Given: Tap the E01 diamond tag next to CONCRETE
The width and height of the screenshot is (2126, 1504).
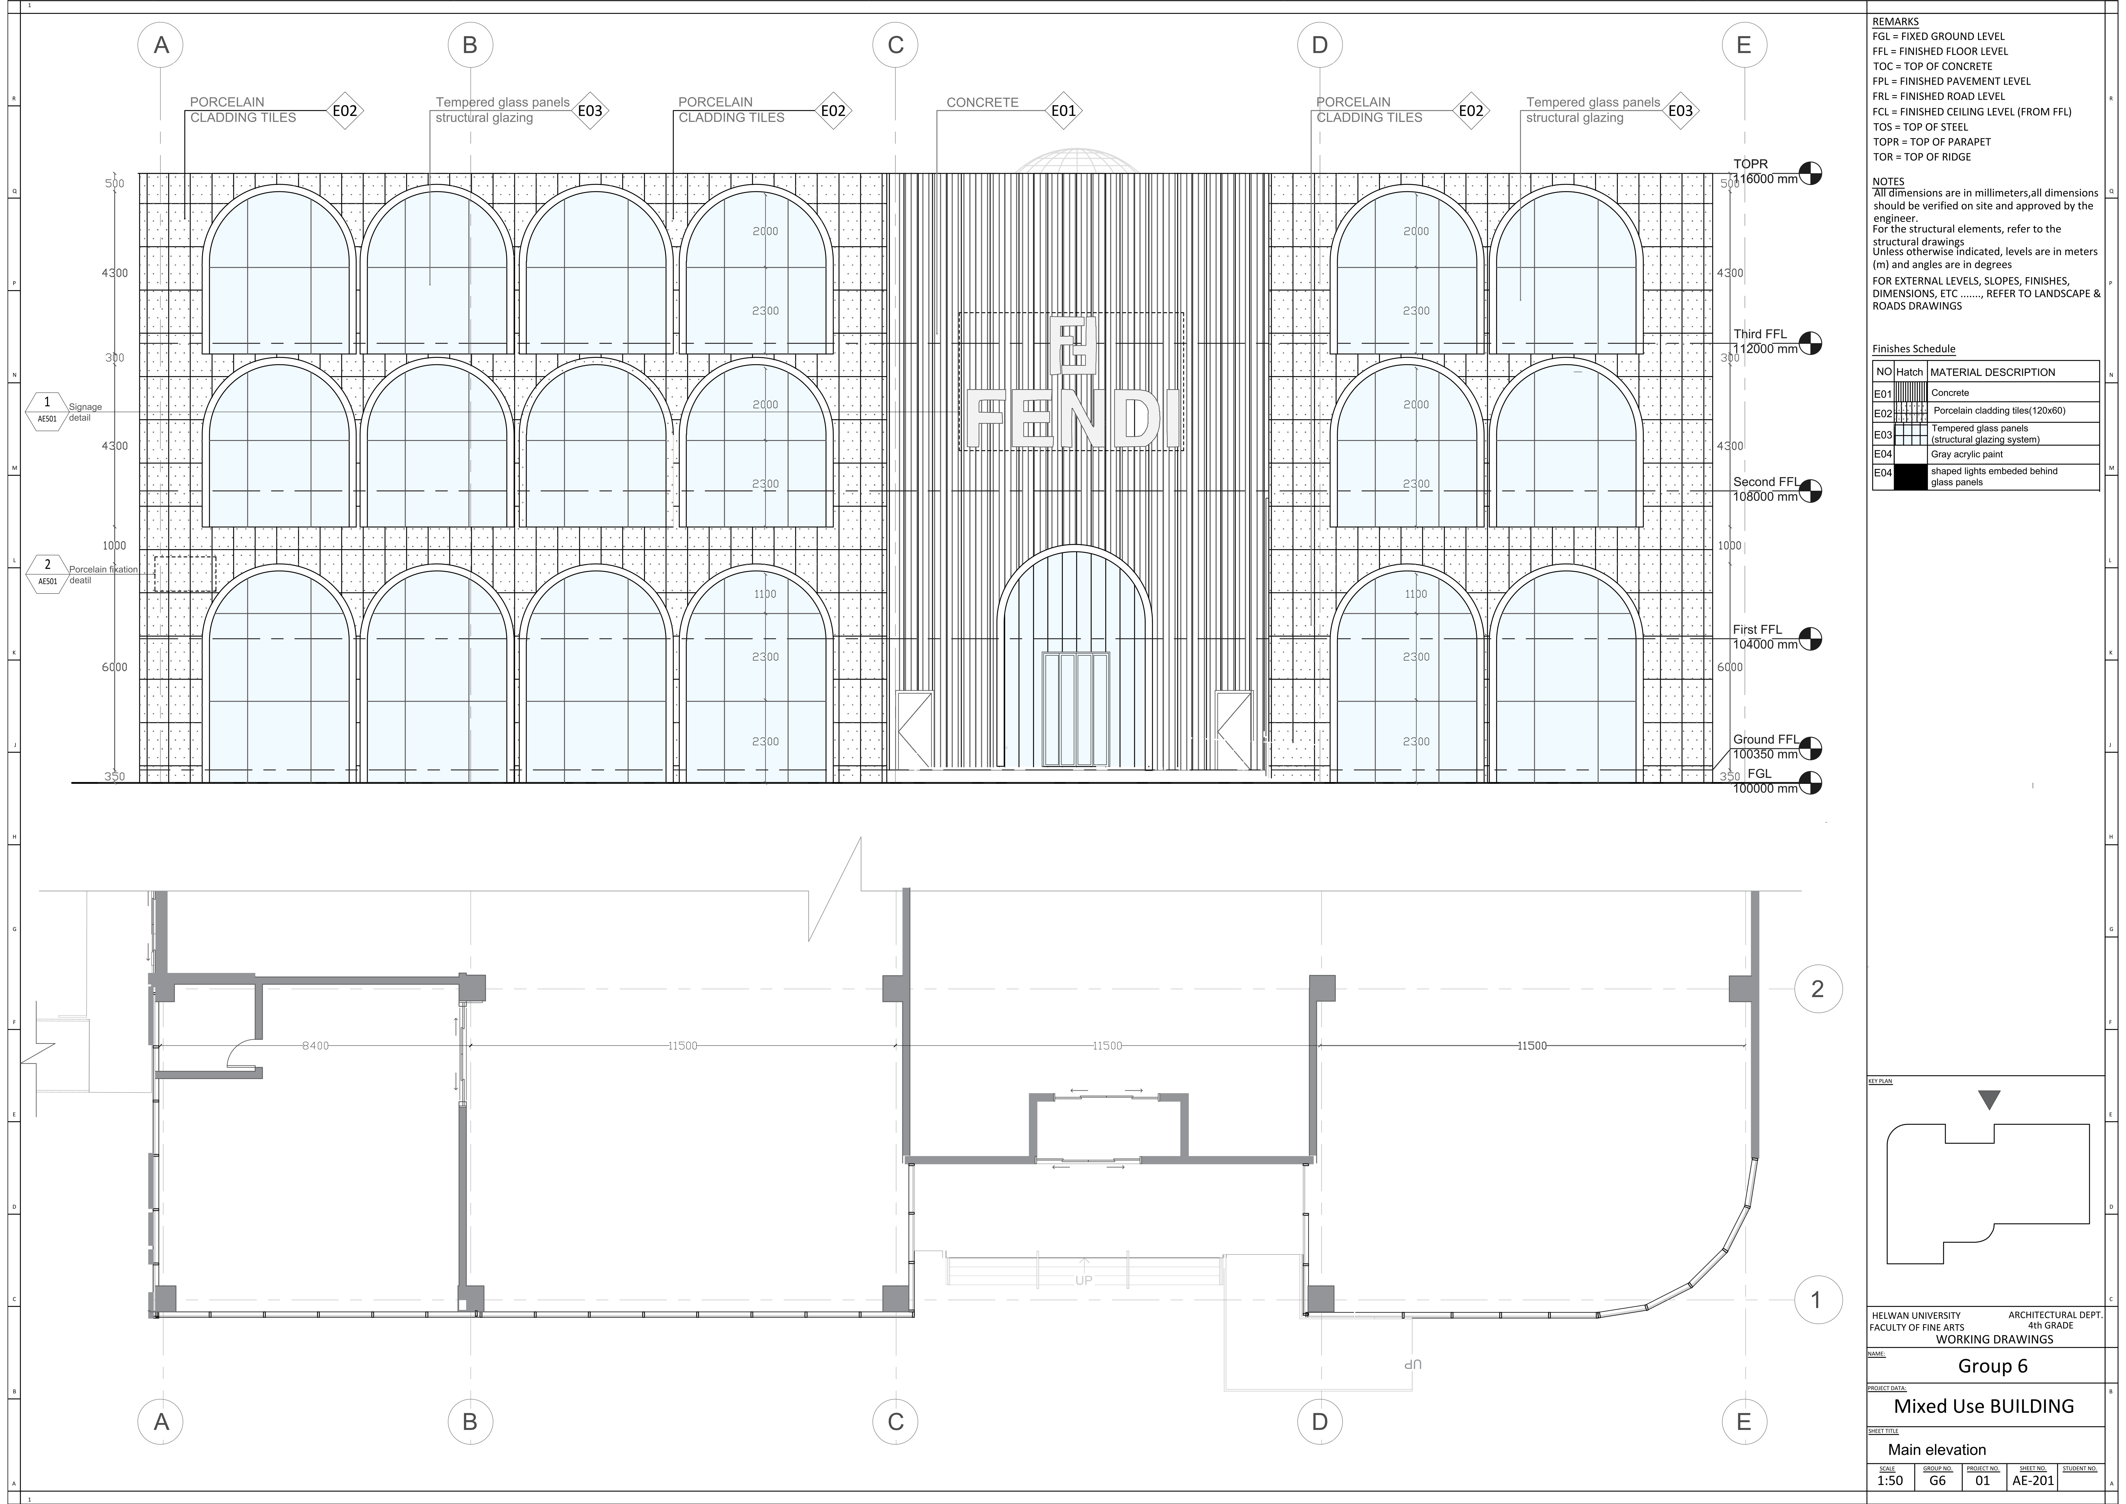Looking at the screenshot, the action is [1063, 111].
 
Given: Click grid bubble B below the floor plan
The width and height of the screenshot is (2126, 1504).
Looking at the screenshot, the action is [470, 1422].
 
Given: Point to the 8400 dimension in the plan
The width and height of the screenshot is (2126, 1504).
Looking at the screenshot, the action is [315, 1045].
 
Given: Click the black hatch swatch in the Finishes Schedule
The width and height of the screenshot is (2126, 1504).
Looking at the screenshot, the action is [1909, 477].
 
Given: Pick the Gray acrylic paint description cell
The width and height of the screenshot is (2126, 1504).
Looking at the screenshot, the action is [1967, 455].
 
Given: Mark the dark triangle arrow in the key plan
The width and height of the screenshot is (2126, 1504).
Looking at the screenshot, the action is [1989, 1099].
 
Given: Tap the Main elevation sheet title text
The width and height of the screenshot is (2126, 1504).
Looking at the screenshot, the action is [1937, 1449].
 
